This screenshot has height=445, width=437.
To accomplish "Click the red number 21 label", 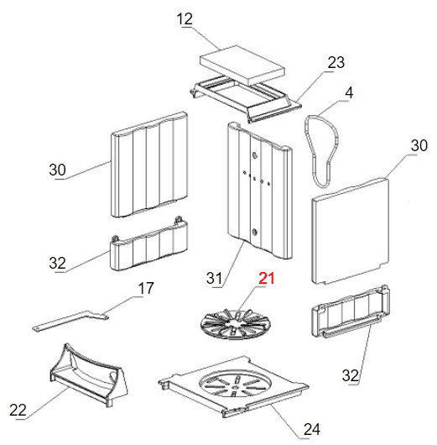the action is [266, 278].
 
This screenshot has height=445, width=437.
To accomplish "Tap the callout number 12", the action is [185, 19].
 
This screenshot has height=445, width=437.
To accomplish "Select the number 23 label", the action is [336, 63].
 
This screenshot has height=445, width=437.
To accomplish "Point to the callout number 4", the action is [349, 93].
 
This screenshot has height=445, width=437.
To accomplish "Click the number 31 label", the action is [214, 278].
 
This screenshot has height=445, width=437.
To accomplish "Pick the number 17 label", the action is [146, 288].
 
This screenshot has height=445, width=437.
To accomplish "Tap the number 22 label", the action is [18, 410].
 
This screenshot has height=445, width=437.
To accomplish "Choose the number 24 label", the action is [312, 429].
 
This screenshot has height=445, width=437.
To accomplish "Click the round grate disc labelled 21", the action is [236, 324].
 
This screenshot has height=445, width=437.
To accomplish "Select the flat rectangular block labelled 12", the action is [242, 65].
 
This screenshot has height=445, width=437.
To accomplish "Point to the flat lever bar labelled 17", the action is [70, 320].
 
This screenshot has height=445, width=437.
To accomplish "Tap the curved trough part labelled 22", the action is [88, 374].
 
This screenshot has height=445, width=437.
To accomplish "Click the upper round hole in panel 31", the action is [254, 155].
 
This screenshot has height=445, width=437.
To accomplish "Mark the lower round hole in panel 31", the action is [254, 232].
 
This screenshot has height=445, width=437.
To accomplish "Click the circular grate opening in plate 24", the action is [235, 383].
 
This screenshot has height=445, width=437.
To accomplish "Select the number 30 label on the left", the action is [57, 170].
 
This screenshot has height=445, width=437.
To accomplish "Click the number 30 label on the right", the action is [419, 145].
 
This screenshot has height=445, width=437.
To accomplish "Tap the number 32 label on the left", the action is [57, 263].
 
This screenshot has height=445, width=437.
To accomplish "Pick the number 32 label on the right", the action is [351, 375].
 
